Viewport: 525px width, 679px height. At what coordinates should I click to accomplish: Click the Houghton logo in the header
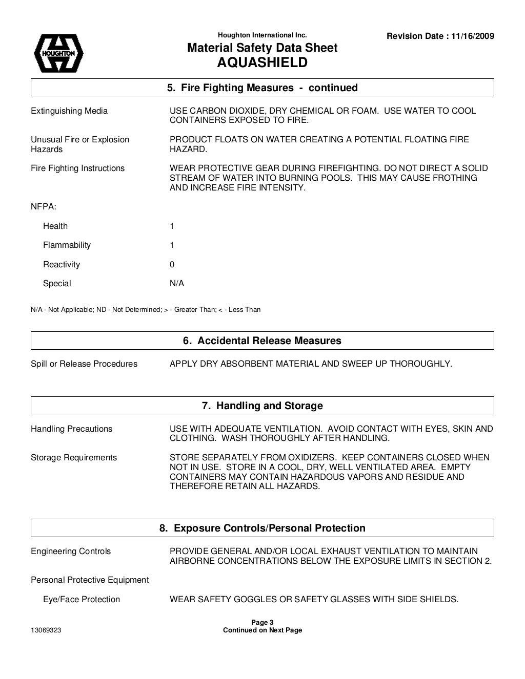pos(58,53)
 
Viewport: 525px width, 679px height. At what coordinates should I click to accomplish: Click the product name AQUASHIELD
pos(262,62)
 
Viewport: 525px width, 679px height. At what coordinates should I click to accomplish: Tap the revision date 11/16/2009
pos(473,36)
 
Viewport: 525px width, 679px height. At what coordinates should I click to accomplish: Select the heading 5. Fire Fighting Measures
pos(262,88)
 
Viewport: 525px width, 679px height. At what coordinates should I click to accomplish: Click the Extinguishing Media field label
pos(69,111)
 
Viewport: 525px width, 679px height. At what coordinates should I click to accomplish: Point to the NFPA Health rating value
pos(172,226)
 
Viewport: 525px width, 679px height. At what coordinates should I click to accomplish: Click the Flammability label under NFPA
pos(67,245)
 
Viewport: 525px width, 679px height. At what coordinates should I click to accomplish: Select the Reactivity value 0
pos(172,264)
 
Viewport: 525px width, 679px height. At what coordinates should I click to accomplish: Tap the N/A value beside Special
pos(176,283)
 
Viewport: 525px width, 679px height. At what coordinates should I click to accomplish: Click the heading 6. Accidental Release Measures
pos(262,341)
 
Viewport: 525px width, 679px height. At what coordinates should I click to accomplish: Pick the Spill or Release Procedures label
pos(84,364)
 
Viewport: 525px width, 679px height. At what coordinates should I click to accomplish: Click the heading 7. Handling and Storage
pos(262,406)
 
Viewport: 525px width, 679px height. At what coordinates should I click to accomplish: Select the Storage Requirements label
pos(74,457)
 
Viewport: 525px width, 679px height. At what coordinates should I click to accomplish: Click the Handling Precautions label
pos(71,429)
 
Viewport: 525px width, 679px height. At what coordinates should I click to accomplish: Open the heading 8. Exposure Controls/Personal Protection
pos(262,528)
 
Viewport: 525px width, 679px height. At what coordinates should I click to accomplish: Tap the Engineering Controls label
pos(71,551)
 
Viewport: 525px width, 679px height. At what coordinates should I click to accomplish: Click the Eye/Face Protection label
pos(81,599)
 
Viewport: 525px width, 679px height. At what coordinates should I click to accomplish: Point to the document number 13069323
pos(46,630)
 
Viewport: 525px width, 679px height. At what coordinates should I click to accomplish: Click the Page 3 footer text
pos(262,623)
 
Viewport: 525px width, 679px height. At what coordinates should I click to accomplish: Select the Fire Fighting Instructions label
pos(77,168)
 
